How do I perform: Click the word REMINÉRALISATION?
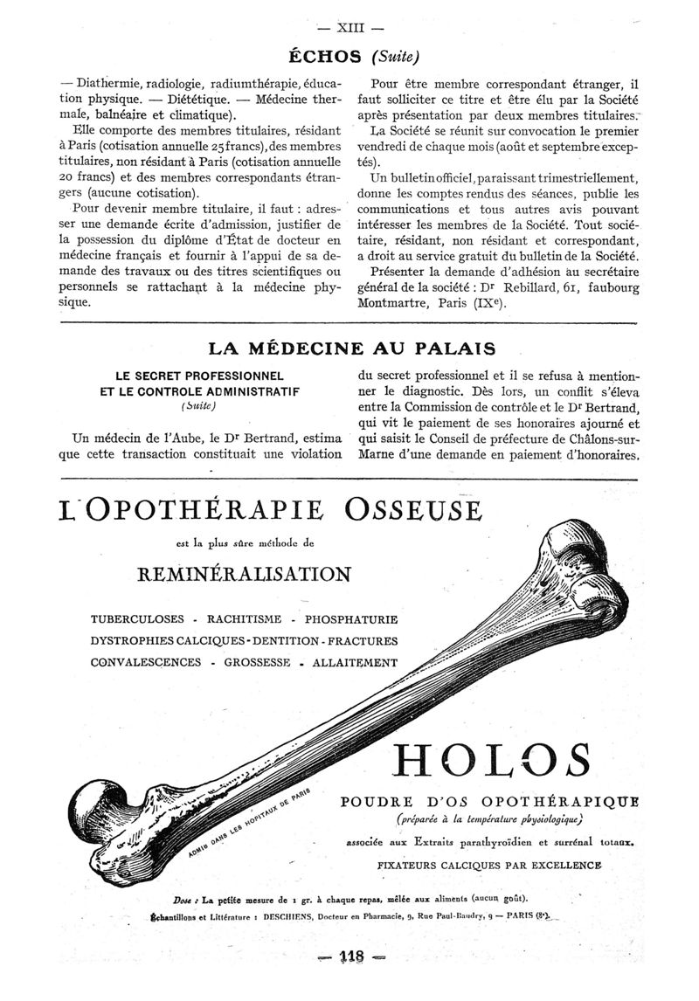coord(244,574)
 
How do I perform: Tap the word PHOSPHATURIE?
coord(351,619)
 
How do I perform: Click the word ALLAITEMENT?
coord(356,662)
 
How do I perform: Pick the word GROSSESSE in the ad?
coord(258,662)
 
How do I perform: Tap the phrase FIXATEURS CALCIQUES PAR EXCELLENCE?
coord(489,865)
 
